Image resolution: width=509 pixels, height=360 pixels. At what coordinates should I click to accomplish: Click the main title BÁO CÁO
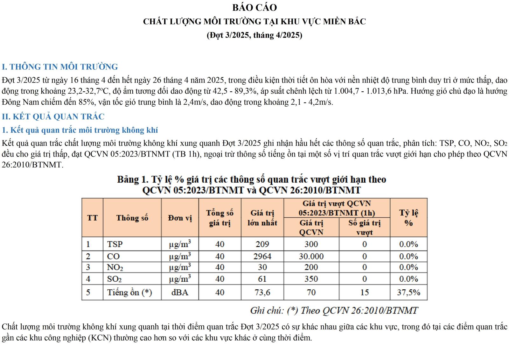pyautogui.click(x=254, y=7)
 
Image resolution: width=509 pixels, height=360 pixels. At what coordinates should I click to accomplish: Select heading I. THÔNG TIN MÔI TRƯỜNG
pyautogui.click(x=60, y=67)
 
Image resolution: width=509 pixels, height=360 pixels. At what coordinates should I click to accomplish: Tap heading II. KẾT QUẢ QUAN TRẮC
pyautogui.click(x=53, y=116)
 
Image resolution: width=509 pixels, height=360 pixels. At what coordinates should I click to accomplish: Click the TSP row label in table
pyautogui.click(x=115, y=244)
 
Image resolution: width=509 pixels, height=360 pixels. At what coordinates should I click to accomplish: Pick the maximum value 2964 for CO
pyautogui.click(x=262, y=256)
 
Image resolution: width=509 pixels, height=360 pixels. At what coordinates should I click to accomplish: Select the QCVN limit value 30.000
pyautogui.click(x=311, y=256)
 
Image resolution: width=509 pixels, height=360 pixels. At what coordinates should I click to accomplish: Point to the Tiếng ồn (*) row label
pyautogui.click(x=129, y=292)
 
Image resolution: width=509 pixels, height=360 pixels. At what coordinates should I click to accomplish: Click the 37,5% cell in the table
pyautogui.click(x=408, y=292)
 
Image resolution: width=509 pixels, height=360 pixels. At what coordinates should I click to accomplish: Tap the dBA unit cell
pyautogui.click(x=180, y=292)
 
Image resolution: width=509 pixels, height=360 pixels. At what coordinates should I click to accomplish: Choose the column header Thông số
pyautogui.click(x=132, y=218)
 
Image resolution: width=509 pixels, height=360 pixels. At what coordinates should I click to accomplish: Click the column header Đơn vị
pyautogui.click(x=180, y=218)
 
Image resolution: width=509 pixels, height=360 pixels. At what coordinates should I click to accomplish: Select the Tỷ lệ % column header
pyautogui.click(x=408, y=218)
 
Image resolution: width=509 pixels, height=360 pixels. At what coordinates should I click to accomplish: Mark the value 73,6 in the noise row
pyautogui.click(x=262, y=292)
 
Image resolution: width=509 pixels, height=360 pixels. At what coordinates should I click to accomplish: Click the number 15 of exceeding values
pyautogui.click(x=364, y=292)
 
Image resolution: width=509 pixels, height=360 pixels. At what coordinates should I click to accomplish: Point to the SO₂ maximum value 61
pyautogui.click(x=262, y=279)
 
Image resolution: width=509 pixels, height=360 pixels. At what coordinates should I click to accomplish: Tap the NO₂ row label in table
pyautogui.click(x=115, y=267)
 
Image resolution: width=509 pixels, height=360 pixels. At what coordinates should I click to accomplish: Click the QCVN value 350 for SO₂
pyautogui.click(x=311, y=279)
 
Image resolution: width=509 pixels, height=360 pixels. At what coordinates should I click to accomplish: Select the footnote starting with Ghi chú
pyautogui.click(x=334, y=310)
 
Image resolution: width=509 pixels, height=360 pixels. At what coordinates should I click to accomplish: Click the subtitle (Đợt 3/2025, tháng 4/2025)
pyautogui.click(x=254, y=35)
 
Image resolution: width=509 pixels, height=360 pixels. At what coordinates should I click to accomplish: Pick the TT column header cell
pyautogui.click(x=92, y=218)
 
